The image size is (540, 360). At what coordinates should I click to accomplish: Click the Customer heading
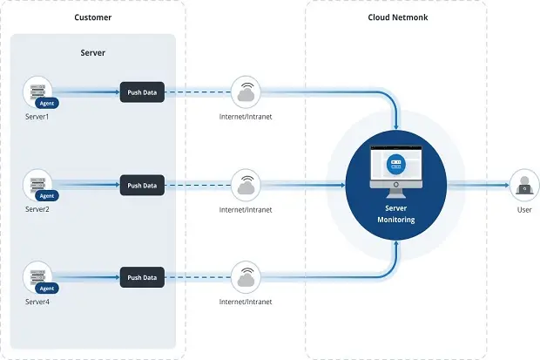92,17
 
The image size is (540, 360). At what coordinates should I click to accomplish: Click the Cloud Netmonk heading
398,17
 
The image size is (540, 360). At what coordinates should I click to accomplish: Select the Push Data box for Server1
142,92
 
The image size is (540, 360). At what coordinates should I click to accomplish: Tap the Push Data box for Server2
142,186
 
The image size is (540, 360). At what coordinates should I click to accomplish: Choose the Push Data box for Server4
142,277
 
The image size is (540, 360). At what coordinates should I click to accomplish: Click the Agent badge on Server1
47,103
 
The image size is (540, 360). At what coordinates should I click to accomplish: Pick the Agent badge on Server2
47,196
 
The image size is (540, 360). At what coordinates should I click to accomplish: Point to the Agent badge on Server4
47,289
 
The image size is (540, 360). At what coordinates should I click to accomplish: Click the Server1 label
37,117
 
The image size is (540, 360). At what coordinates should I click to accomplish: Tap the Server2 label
37,209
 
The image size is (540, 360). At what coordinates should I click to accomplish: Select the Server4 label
37,302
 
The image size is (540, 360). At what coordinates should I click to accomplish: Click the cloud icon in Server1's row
246,92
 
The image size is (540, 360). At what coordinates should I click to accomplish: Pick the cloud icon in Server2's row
246,185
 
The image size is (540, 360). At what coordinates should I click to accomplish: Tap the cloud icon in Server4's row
246,277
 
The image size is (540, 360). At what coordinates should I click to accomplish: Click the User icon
524,185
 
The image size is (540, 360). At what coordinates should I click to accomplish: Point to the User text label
524,210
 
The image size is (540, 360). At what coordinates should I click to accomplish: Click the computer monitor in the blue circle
396,172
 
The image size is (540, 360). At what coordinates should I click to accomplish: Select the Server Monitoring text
396,214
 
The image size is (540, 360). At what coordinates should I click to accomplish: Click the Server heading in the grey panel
92,53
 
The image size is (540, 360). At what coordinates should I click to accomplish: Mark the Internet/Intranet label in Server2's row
246,210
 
